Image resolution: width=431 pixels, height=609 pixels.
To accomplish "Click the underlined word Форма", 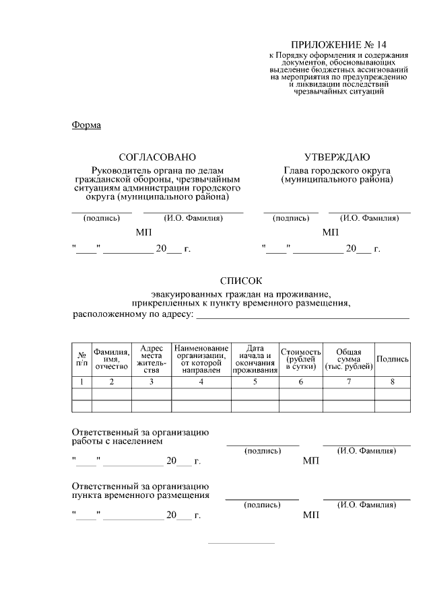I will click(x=86, y=125).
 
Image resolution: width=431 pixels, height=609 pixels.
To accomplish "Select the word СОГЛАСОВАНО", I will click(x=157, y=157).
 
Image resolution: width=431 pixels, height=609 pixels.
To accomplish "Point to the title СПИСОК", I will click(x=241, y=280).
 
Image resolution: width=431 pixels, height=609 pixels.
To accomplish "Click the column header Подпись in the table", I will click(x=393, y=359).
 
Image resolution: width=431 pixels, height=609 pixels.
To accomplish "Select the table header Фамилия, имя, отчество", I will click(x=112, y=359).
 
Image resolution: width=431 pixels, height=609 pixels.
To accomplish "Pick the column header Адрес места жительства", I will click(x=152, y=359).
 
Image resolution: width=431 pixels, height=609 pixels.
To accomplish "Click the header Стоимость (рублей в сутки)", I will click(x=300, y=359).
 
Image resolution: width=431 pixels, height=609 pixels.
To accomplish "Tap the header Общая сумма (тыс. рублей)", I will click(x=349, y=359).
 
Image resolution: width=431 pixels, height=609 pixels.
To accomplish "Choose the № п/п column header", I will click(x=81, y=359).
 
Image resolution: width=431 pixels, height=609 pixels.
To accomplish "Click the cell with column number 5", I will click(x=255, y=382).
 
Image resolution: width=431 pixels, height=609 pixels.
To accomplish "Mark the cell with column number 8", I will click(x=393, y=382).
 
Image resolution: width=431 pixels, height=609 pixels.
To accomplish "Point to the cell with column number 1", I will click(x=81, y=382).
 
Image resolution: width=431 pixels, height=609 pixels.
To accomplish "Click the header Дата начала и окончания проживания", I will click(x=255, y=359).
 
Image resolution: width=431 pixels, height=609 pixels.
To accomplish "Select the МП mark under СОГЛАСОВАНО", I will click(x=143, y=232).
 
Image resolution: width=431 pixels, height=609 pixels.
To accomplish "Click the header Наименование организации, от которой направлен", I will click(x=201, y=359).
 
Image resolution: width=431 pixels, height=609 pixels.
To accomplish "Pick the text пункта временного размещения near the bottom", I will click(x=140, y=495).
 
